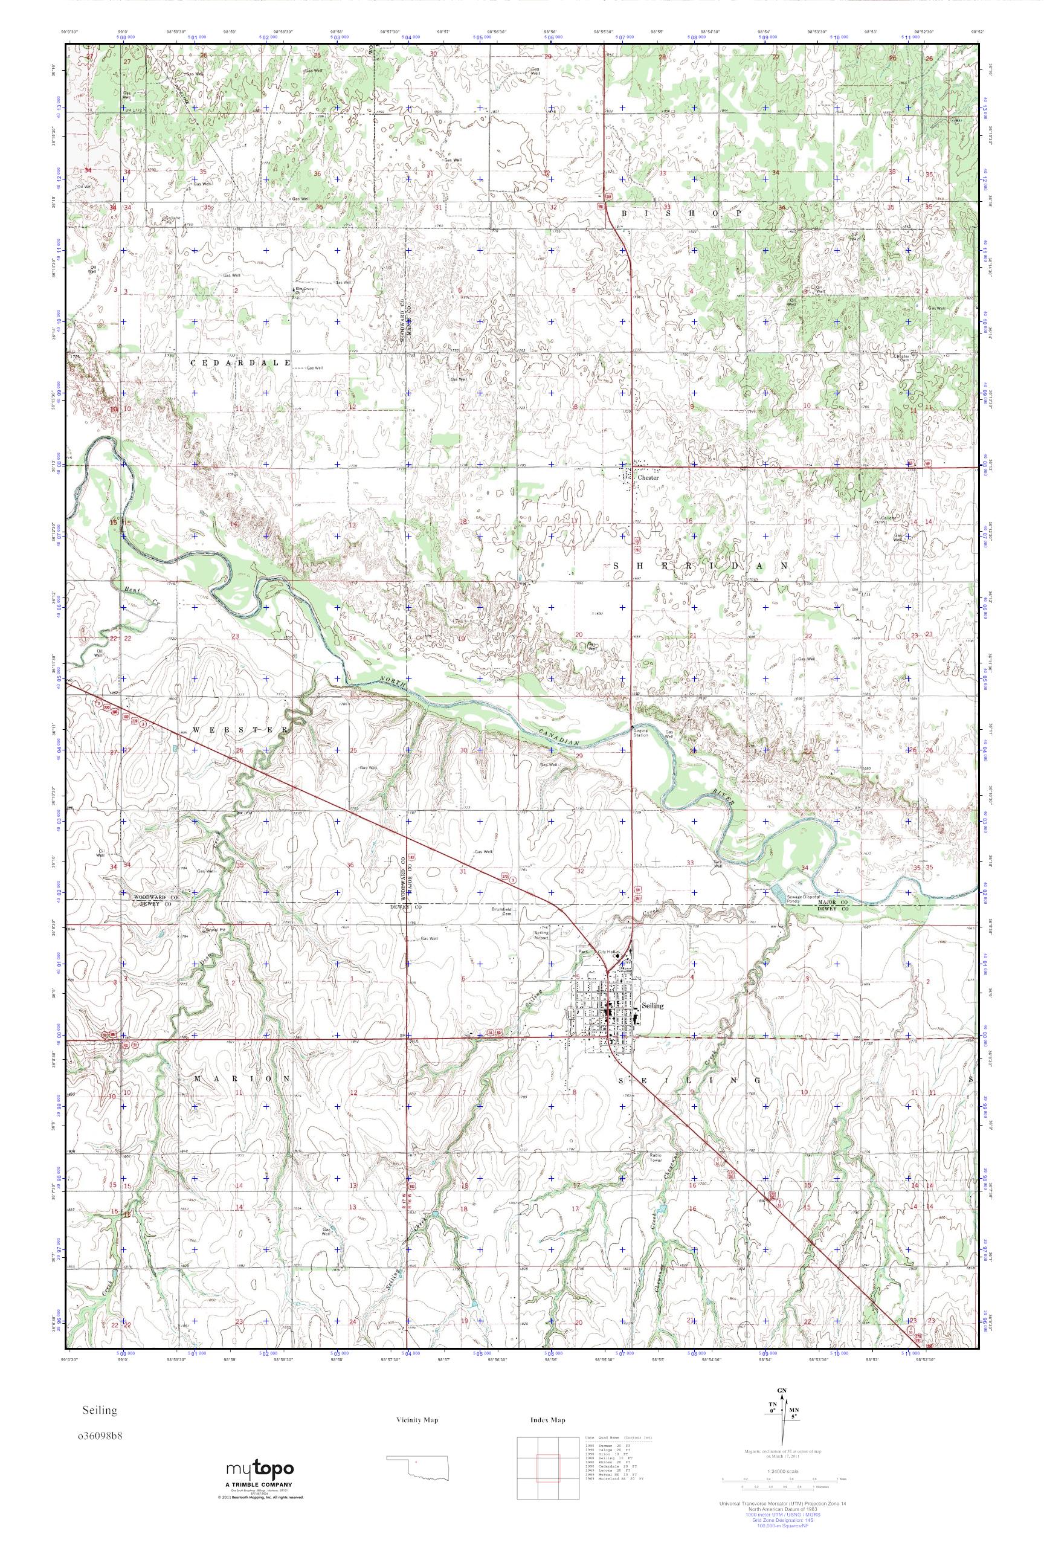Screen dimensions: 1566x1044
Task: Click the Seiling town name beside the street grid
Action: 653,1006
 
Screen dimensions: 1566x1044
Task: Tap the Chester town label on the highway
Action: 648,477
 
